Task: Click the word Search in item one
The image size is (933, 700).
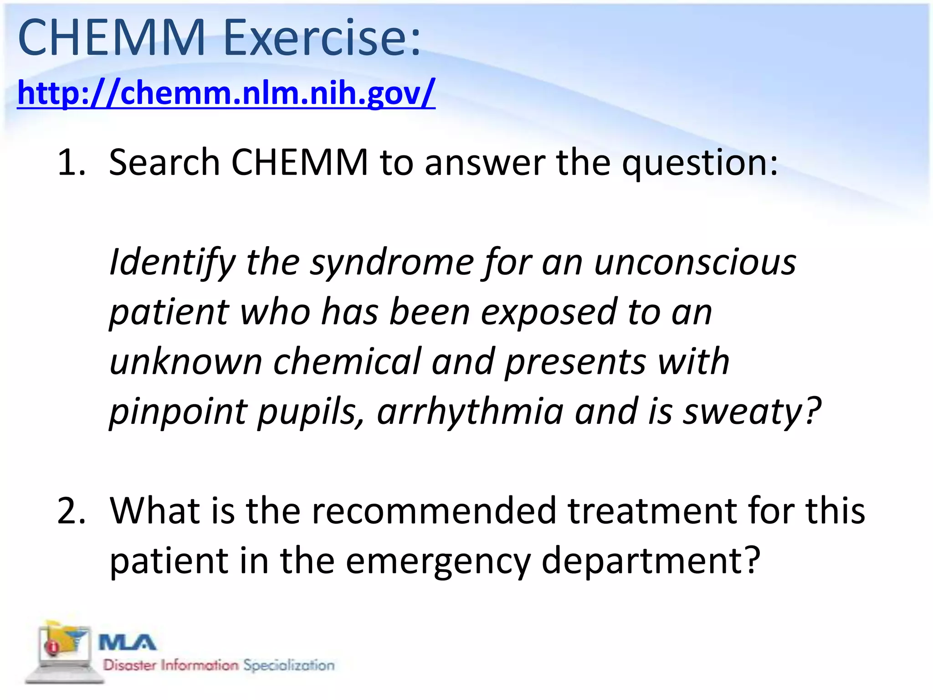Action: point(164,163)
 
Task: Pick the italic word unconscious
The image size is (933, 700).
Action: point(695,263)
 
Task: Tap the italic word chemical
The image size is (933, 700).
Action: point(347,362)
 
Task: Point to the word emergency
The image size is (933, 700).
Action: point(438,561)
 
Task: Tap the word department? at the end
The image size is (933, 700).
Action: point(651,562)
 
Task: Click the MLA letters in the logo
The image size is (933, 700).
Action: point(127,643)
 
